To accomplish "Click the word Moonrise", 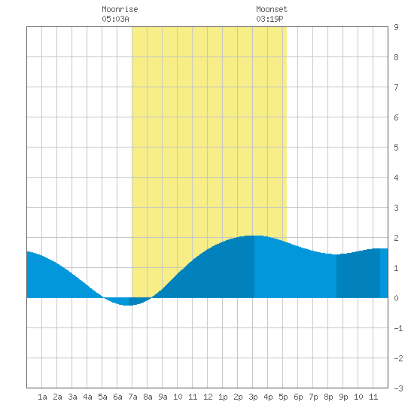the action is coord(120,9).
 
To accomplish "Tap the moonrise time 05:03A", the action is coord(115,19).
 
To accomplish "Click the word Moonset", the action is coord(272,9).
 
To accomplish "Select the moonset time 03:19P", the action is coord(269,19).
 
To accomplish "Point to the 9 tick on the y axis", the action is coord(396,27).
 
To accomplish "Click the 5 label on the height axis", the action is coord(396,148).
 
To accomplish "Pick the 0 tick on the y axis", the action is coord(396,298).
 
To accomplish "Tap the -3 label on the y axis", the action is coord(398,388).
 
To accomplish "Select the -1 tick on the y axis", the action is coord(398,328).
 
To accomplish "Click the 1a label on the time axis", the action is coord(42,397).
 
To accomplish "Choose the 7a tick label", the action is coord(132,397).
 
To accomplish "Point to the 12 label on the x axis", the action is coord(208,397).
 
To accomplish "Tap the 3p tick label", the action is coord(253,397).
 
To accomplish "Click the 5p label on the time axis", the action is coord(283,397).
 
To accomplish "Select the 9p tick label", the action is coord(343,397).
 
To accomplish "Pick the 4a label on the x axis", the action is coord(87,397).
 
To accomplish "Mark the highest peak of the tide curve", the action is coord(254,236).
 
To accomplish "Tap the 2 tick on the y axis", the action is coord(396,238).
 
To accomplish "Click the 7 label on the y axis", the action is coord(396,87).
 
